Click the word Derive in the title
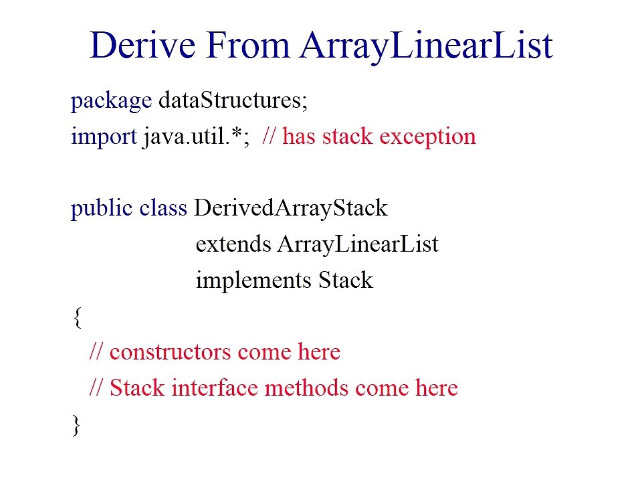[x=142, y=45]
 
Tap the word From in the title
[x=247, y=45]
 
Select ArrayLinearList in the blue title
[x=426, y=47]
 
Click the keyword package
[x=111, y=101]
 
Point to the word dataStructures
[x=233, y=100]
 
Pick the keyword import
[x=104, y=137]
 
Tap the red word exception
[x=428, y=137]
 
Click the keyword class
[x=163, y=208]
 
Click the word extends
[x=233, y=244]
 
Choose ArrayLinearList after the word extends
[x=358, y=245]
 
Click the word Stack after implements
[x=346, y=280]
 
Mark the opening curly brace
[x=78, y=317]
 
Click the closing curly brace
[x=76, y=426]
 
